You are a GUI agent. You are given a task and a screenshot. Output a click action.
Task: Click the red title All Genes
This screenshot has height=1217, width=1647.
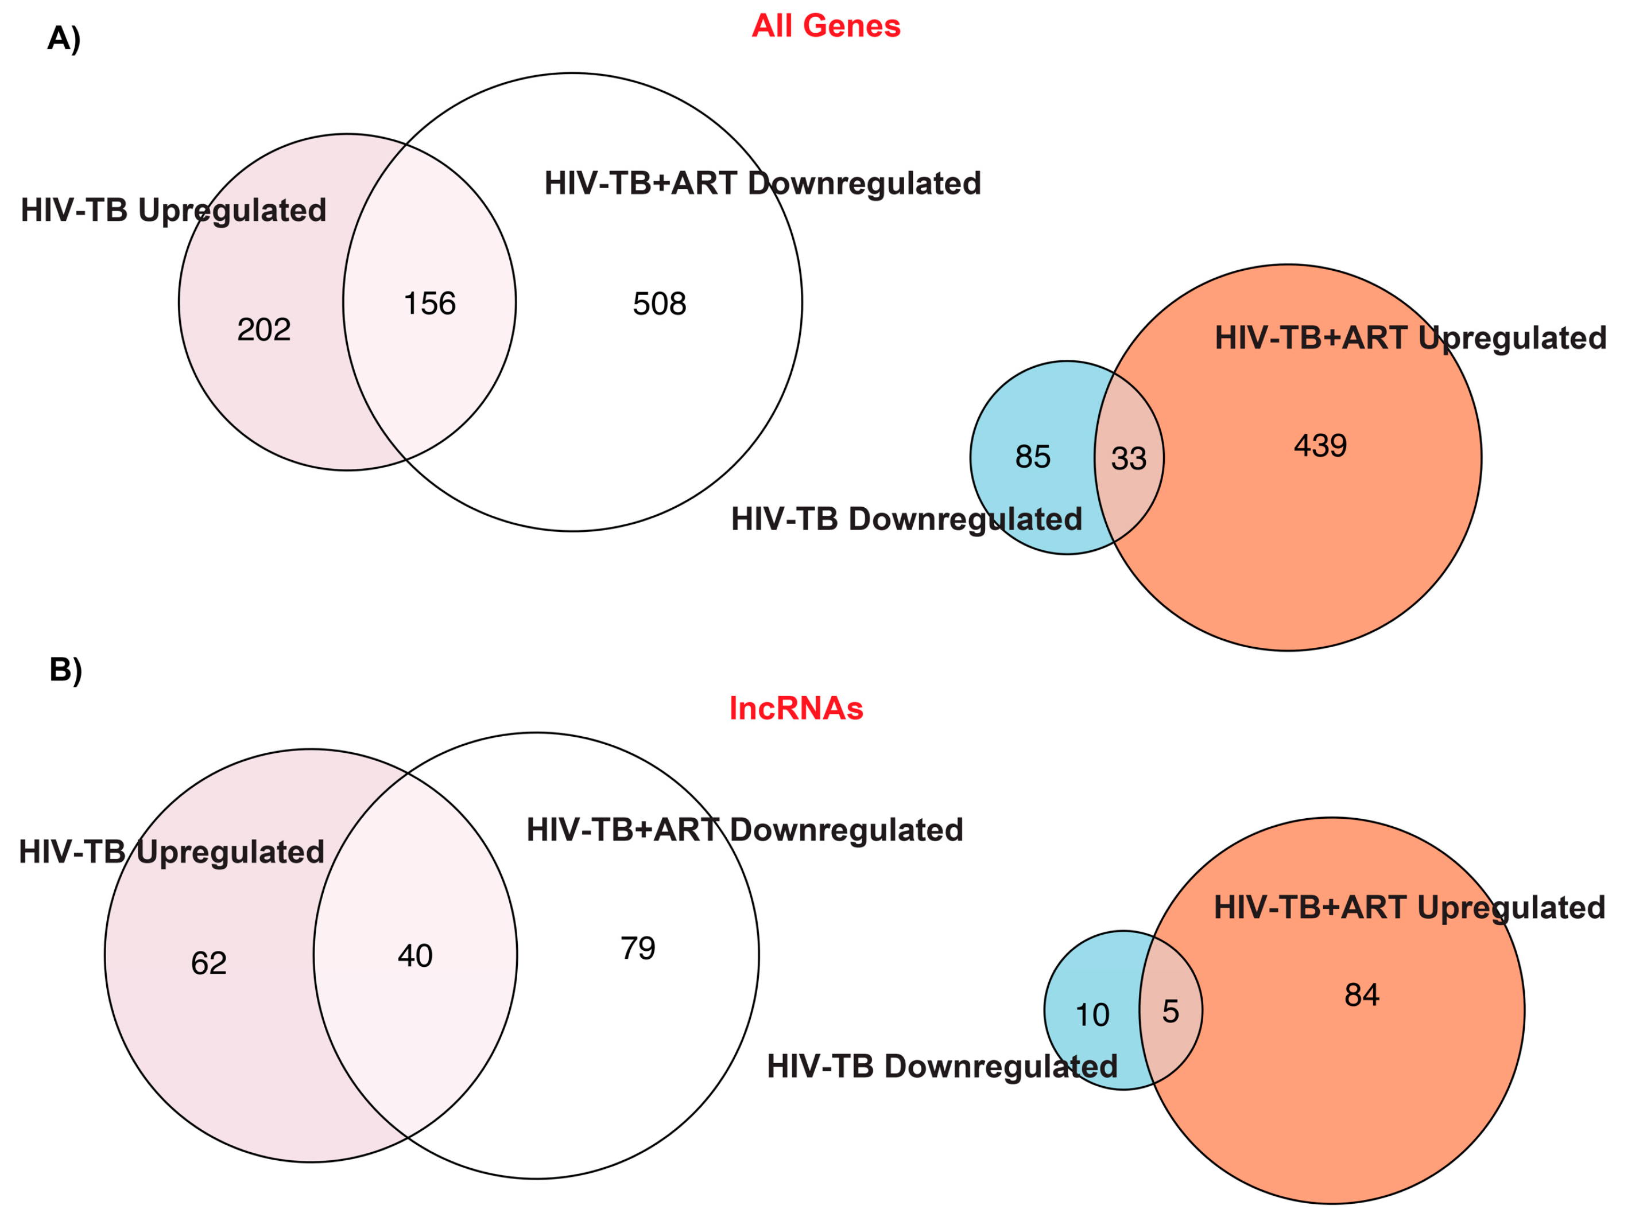pyautogui.click(x=826, y=26)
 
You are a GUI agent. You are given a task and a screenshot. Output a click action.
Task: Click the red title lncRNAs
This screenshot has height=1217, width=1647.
pyautogui.click(x=796, y=709)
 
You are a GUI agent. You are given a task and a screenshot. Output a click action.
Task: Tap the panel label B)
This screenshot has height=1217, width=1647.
pyautogui.click(x=65, y=670)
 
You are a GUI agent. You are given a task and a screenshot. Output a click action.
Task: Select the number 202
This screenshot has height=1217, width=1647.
pyautogui.click(x=264, y=329)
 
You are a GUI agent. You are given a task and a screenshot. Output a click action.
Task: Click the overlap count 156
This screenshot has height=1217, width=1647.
pyautogui.click(x=429, y=304)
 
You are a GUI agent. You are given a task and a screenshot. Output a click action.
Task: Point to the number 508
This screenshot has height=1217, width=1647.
pyautogui.click(x=660, y=304)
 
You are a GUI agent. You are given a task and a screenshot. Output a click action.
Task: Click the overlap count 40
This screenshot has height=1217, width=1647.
pyautogui.click(x=415, y=956)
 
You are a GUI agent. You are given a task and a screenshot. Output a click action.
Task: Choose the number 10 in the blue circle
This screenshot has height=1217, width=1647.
pyautogui.click(x=1092, y=1015)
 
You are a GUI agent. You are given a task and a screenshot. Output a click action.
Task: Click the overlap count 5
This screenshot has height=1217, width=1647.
pyautogui.click(x=1170, y=1012)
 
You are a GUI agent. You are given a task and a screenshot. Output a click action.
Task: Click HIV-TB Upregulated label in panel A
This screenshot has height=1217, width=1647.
pyautogui.click(x=173, y=211)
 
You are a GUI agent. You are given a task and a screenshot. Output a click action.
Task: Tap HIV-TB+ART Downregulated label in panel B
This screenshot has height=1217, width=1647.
pyautogui.click(x=745, y=830)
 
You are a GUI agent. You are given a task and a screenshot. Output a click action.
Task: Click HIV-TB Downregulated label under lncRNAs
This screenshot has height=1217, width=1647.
pyautogui.click(x=942, y=1067)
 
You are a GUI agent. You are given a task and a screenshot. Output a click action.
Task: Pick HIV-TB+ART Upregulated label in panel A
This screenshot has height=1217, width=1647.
pyautogui.click(x=1410, y=338)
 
